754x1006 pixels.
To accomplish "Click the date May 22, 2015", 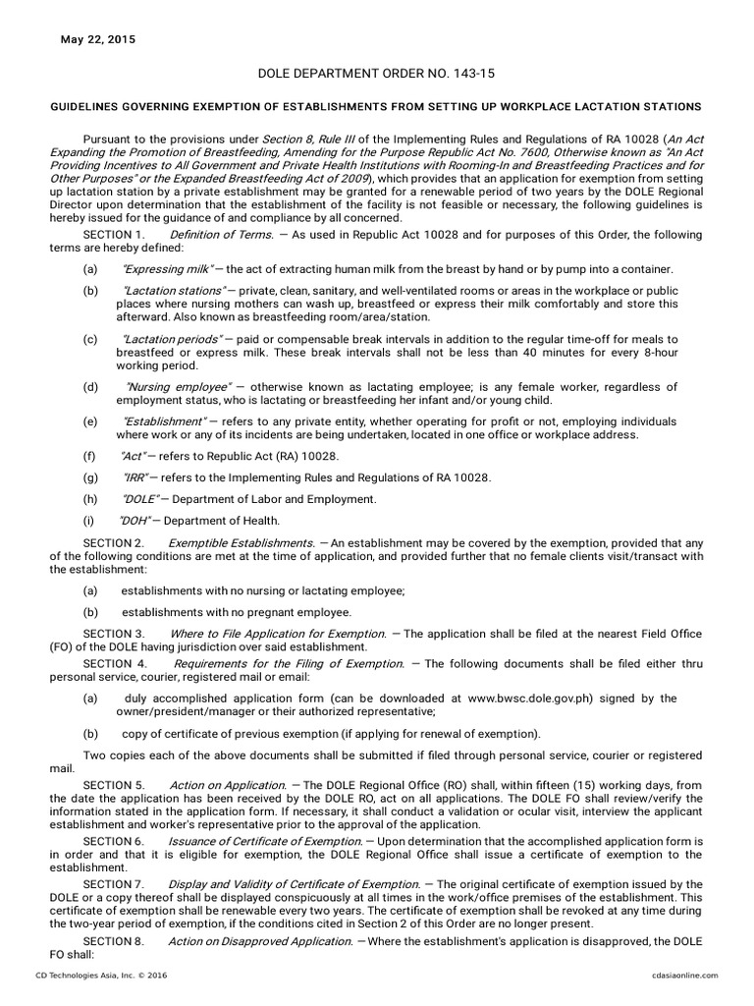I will [97, 40].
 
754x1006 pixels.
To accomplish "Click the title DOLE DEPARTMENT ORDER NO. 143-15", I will [377, 73].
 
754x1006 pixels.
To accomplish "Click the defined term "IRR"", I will [135, 477].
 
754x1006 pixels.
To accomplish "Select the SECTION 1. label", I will [114, 235].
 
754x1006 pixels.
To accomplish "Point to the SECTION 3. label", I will [114, 634].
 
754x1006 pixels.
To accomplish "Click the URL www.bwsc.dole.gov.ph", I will [545, 699].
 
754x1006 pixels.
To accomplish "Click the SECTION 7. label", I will [114, 885].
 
